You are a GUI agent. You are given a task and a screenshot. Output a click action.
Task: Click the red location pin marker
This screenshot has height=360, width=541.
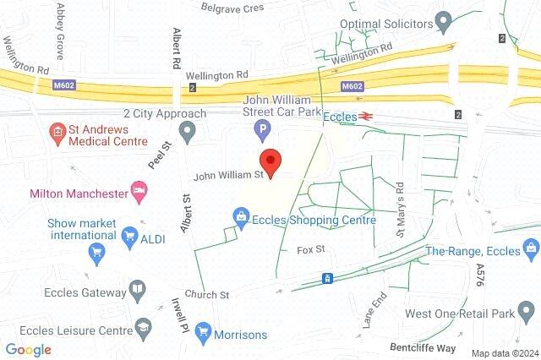[270, 161]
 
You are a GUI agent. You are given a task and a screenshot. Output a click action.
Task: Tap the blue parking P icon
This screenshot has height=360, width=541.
[263, 131]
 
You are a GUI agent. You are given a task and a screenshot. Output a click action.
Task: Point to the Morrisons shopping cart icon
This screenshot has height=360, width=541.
[202, 335]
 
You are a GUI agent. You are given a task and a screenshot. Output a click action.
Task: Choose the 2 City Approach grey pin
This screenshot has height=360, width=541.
[188, 131]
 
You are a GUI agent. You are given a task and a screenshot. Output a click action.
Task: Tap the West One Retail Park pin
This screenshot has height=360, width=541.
[528, 314]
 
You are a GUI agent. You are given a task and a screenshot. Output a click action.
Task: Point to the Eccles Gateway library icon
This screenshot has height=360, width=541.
[137, 293]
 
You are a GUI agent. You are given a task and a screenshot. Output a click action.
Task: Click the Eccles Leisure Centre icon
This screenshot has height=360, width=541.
[143, 326]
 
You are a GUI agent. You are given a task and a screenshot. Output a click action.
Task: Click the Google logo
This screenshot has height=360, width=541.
[29, 350]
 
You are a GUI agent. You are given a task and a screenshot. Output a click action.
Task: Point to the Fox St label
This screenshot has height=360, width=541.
[311, 250]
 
